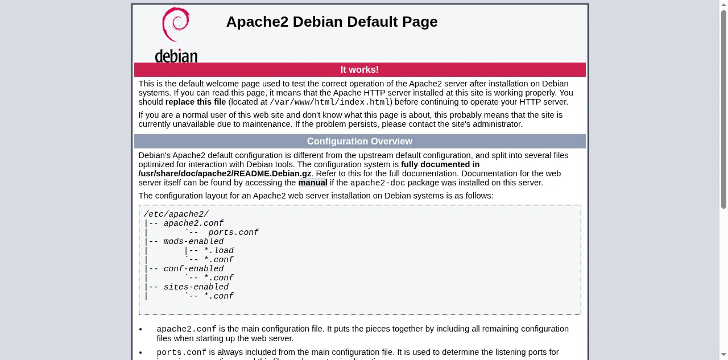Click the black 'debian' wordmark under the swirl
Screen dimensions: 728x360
(176, 56)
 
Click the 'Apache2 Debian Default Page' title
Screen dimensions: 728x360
(332, 22)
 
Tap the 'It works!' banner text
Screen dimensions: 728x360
(359, 69)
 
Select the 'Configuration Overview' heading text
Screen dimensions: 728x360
(360, 142)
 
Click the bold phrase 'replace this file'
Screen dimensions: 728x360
(196, 102)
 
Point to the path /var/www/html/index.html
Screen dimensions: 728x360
(329, 102)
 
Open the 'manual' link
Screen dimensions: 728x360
(313, 183)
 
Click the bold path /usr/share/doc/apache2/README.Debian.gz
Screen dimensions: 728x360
(225, 173)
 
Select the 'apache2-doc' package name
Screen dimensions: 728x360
(377, 183)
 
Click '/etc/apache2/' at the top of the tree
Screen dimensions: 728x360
(176, 214)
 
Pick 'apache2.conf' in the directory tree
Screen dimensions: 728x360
(193, 223)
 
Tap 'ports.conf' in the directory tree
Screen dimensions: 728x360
(233, 232)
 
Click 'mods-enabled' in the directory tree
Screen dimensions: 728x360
(193, 241)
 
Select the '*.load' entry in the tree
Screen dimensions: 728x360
(219, 250)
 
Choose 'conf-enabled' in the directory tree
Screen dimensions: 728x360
(193, 268)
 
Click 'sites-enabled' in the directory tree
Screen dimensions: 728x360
(196, 287)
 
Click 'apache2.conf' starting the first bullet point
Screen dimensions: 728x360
(187, 329)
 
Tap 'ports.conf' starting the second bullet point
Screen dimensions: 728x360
(181, 353)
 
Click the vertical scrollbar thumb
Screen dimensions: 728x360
(723, 109)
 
